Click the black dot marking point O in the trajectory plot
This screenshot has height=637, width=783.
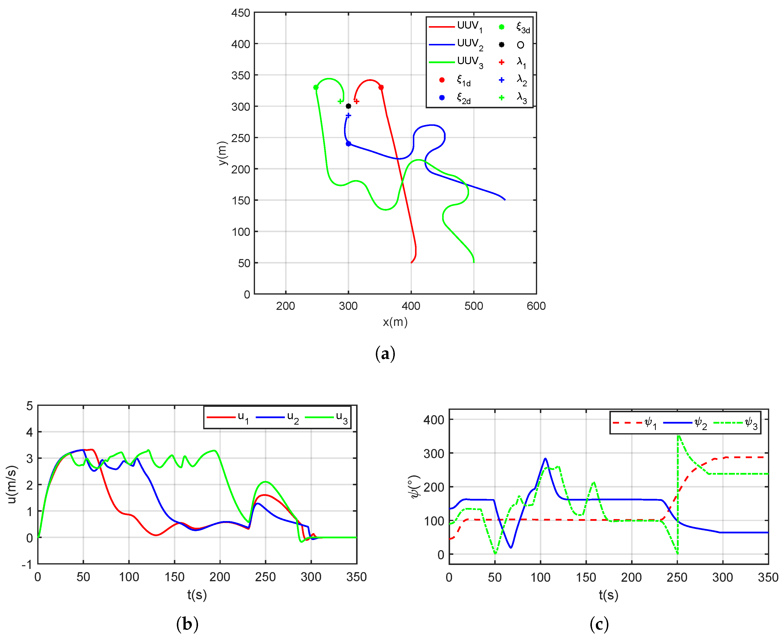point(348,106)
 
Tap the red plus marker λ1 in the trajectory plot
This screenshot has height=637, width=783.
point(356,101)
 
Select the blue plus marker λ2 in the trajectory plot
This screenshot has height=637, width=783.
point(348,115)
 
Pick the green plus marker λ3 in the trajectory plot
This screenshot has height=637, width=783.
point(340,101)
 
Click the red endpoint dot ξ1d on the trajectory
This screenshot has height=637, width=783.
point(381,87)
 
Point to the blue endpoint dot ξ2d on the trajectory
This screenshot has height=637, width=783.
point(348,144)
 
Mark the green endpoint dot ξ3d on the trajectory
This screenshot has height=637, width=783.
point(316,87)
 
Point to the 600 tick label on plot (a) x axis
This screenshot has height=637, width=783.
point(536,306)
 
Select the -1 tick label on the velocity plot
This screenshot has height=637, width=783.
point(27,564)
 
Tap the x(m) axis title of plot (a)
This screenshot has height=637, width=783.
point(395,322)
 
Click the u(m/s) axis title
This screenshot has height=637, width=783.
point(12,484)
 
